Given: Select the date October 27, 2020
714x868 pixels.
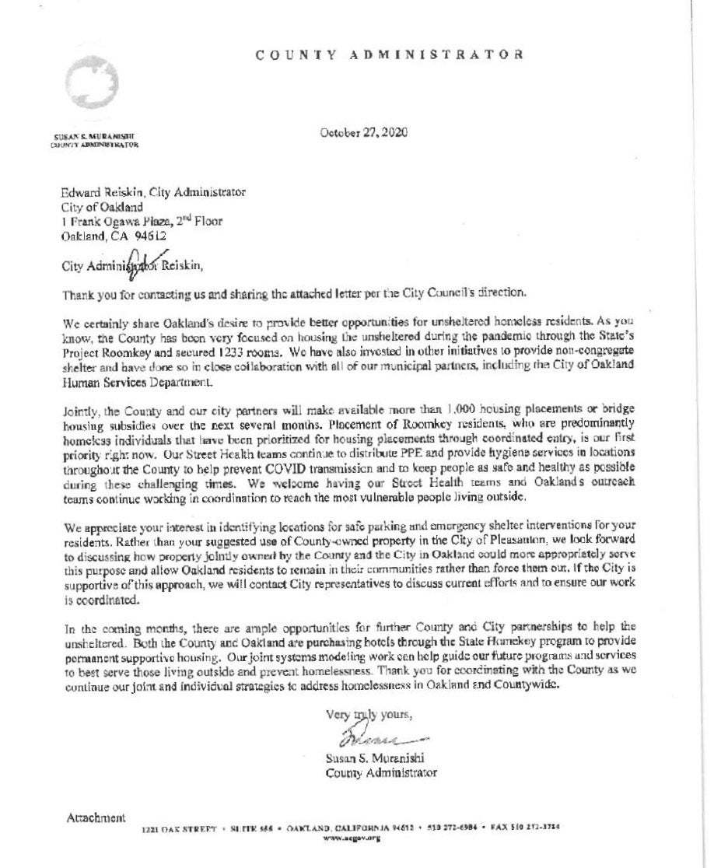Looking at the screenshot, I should [x=364, y=133].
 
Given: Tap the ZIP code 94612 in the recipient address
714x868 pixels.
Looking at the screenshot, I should [x=149, y=235].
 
